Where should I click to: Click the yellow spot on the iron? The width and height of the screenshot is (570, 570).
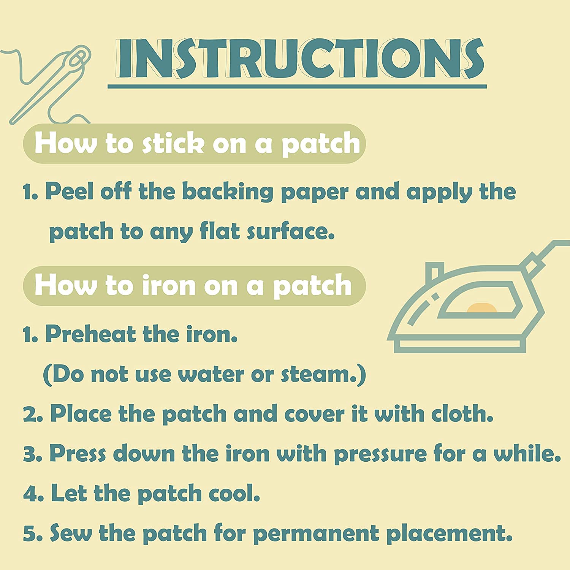tap(481, 308)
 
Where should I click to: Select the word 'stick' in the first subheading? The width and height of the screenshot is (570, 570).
tap(173, 144)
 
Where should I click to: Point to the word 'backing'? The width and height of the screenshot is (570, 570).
tap(228, 192)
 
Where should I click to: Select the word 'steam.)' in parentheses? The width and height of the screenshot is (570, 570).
tap(323, 375)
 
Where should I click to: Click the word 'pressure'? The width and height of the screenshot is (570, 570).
tap(380, 454)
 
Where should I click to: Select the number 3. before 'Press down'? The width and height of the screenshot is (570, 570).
tap(33, 454)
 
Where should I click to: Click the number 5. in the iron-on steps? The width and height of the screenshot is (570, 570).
tap(33, 534)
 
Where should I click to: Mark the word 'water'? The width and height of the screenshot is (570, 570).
tap(211, 375)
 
